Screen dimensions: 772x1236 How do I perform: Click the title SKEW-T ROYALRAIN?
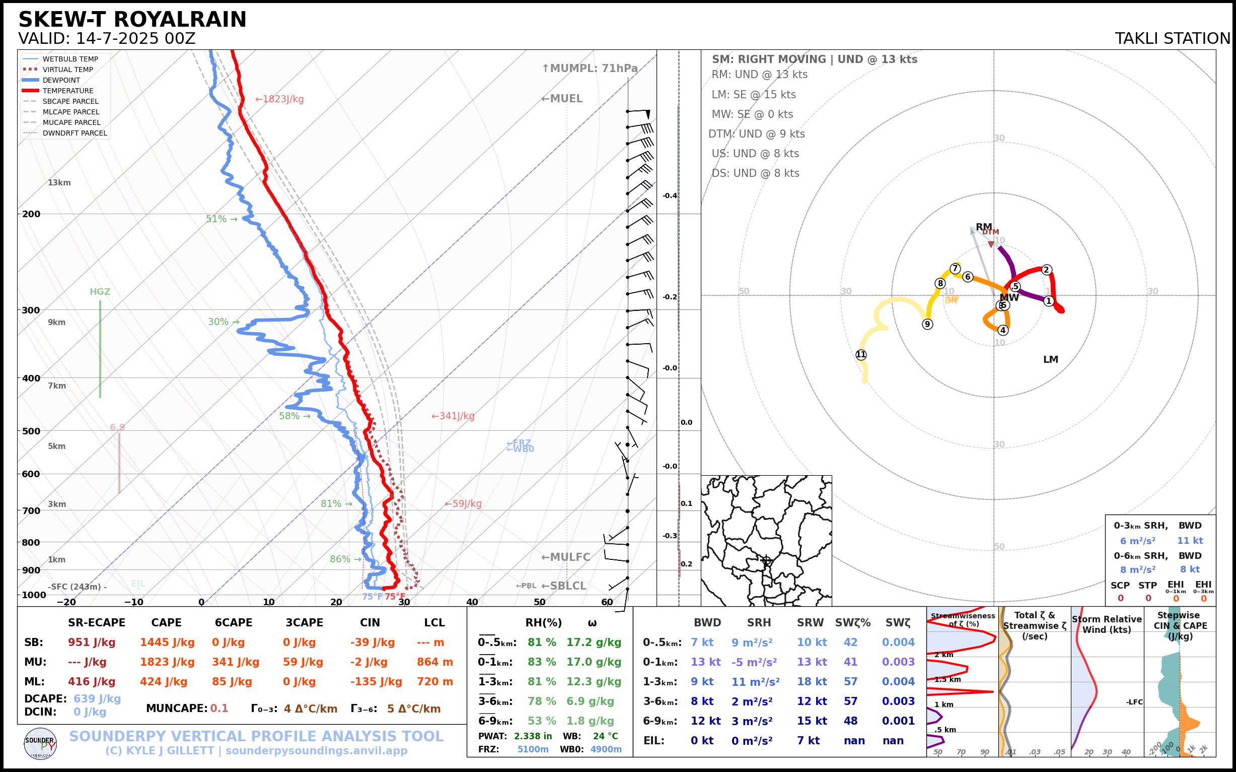click(x=132, y=20)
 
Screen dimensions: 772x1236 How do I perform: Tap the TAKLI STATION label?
click(x=1172, y=38)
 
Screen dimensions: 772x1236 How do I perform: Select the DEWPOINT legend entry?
click(x=61, y=80)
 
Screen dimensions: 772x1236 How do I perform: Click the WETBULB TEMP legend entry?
click(x=70, y=59)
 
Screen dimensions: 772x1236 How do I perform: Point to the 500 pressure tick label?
click(x=31, y=431)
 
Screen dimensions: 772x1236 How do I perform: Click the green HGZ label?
click(x=100, y=292)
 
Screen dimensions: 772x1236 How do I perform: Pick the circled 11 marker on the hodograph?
click(x=861, y=354)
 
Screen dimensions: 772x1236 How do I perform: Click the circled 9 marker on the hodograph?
click(x=927, y=324)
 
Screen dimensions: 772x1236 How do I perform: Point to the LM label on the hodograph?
click(x=1051, y=359)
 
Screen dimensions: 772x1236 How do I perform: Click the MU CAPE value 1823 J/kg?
click(x=167, y=662)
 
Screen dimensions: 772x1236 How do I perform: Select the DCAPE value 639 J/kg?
click(x=97, y=698)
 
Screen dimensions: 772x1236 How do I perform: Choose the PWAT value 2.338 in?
click(x=533, y=736)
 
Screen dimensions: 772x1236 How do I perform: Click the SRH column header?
click(x=759, y=622)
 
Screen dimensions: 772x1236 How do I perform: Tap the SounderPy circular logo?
click(x=40, y=743)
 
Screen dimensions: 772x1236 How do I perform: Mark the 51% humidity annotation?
click(x=216, y=219)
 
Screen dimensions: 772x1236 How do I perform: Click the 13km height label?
click(x=59, y=183)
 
